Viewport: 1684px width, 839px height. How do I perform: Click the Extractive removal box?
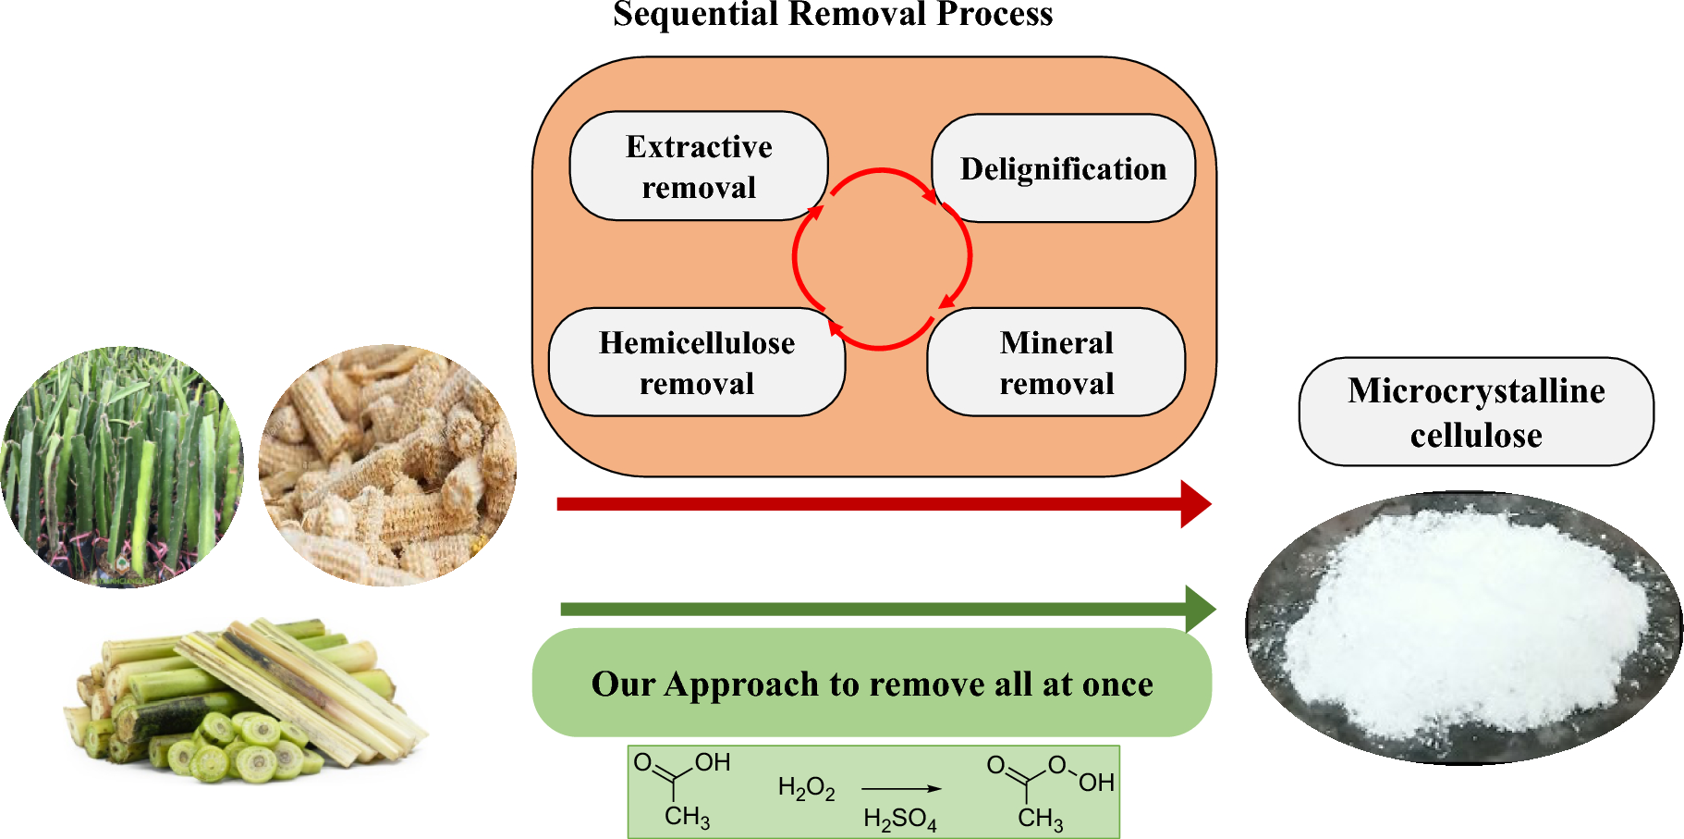point(699,167)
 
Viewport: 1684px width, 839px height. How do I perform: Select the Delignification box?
point(1063,168)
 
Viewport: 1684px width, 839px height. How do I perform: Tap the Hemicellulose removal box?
point(696,363)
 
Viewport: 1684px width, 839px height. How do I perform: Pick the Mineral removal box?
point(1056,363)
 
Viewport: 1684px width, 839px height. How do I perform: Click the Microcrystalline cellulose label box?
point(1476,413)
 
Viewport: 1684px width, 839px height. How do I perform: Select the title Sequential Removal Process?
point(833,15)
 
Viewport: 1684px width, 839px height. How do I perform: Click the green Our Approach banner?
point(872,684)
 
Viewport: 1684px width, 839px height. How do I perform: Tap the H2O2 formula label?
point(806,789)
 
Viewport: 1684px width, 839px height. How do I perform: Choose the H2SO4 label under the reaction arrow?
point(899,819)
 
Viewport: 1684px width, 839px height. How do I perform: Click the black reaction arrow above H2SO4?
point(901,789)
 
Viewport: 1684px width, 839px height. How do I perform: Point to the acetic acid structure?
point(682,789)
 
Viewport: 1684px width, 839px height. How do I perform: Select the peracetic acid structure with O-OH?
point(1049,791)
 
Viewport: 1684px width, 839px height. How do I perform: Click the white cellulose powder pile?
point(1465,624)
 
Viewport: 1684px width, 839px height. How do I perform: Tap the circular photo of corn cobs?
point(387,465)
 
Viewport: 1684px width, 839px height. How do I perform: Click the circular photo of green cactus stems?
point(122,467)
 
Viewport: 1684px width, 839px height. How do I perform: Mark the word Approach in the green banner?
point(741,685)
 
